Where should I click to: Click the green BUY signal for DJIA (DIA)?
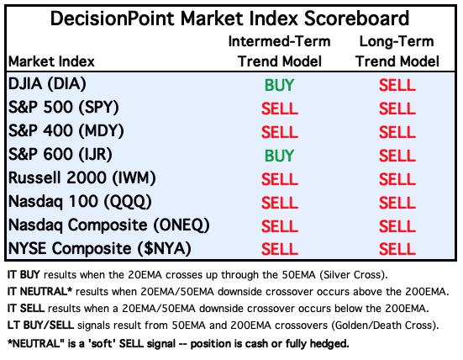point(279,86)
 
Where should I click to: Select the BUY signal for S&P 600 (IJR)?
point(279,156)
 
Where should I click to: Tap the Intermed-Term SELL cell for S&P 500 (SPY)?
point(279,109)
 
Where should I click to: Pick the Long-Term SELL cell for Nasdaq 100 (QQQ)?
point(397,203)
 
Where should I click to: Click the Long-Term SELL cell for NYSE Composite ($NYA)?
point(397,249)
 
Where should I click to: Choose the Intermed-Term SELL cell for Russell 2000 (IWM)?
point(279,179)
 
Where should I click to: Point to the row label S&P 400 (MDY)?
point(66,131)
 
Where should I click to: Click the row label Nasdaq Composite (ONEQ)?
point(109,225)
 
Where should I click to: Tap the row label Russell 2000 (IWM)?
point(82,178)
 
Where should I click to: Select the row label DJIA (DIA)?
point(47,84)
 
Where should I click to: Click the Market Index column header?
point(51,61)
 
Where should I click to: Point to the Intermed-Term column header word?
point(279,41)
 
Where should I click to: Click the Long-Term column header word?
point(397,41)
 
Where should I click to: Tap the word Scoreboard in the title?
point(356,19)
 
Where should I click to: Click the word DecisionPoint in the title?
point(113,19)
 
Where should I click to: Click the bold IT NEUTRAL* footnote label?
point(39,292)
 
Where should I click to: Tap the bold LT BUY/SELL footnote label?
point(40,326)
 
